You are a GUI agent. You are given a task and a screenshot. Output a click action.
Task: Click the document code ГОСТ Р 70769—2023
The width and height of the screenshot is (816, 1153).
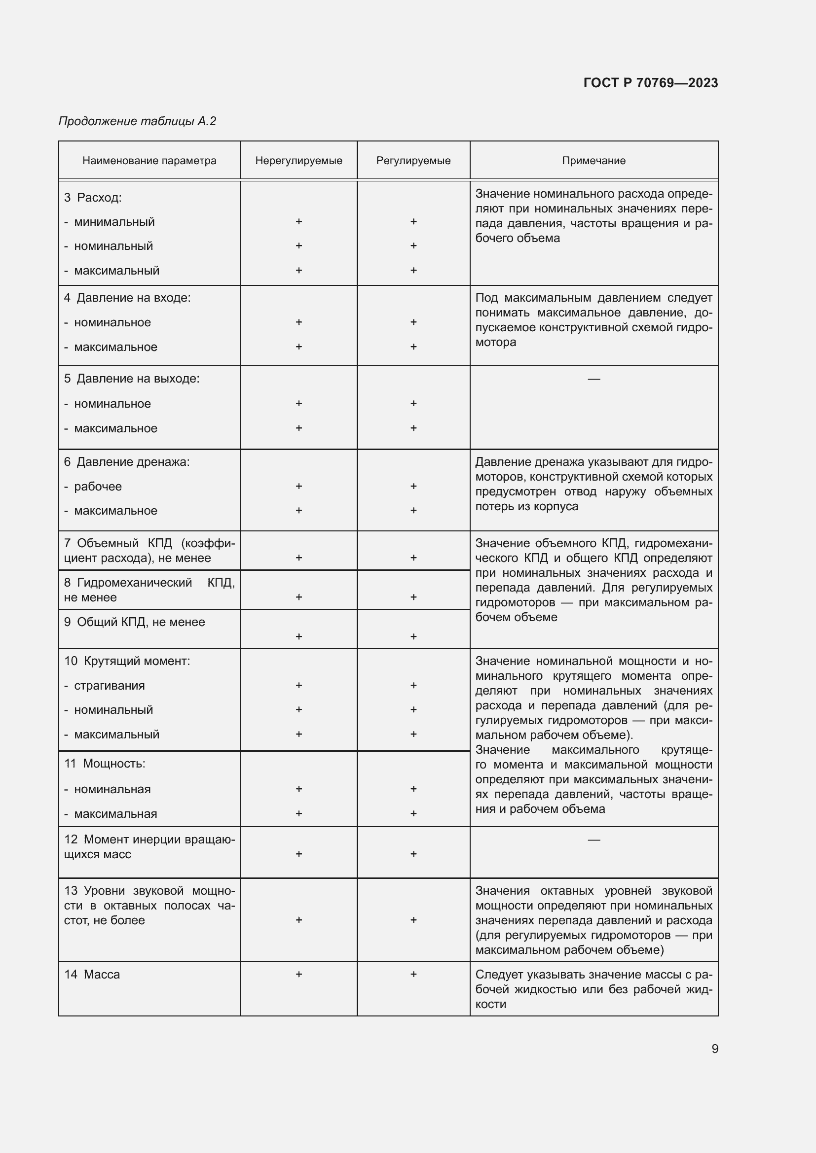point(650,83)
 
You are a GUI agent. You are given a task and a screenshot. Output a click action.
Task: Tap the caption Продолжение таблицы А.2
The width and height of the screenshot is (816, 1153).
point(137,121)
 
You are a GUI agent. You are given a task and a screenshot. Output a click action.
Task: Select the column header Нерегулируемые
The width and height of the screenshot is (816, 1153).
point(298,161)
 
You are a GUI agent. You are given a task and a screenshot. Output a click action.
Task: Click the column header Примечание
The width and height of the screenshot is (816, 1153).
point(593,161)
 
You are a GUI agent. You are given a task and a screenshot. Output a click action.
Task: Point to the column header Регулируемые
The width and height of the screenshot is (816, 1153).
point(413,161)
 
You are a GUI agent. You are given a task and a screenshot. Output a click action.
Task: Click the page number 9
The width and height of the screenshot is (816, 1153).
point(714,1048)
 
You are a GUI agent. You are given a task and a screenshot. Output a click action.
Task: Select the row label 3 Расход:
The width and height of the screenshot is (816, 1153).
point(93,197)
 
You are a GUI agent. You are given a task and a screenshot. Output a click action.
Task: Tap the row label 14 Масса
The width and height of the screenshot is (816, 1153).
point(92,974)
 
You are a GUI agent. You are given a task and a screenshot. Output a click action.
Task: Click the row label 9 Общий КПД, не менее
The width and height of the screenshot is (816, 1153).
point(135,622)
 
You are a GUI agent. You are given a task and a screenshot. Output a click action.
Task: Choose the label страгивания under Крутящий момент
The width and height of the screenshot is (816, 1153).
point(109,686)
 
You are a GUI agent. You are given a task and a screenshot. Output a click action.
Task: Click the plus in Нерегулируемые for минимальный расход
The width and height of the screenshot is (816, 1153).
point(298,221)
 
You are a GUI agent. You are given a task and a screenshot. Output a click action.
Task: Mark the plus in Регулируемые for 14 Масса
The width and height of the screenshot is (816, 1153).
point(413,974)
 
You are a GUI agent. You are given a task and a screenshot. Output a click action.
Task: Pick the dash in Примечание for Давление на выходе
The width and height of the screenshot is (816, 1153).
point(593,379)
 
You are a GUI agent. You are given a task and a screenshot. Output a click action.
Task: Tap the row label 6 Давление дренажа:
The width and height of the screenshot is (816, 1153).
point(127,461)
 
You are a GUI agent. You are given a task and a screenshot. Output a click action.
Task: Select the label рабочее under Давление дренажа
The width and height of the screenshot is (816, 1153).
point(98,486)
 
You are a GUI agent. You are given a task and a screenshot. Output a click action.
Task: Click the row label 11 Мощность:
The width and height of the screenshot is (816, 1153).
point(105,763)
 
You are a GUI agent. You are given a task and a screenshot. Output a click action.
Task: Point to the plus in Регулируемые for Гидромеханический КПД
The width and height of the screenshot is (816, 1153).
point(413,596)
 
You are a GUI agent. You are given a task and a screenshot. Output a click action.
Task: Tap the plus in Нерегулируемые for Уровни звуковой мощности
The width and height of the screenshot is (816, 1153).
point(298,919)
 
